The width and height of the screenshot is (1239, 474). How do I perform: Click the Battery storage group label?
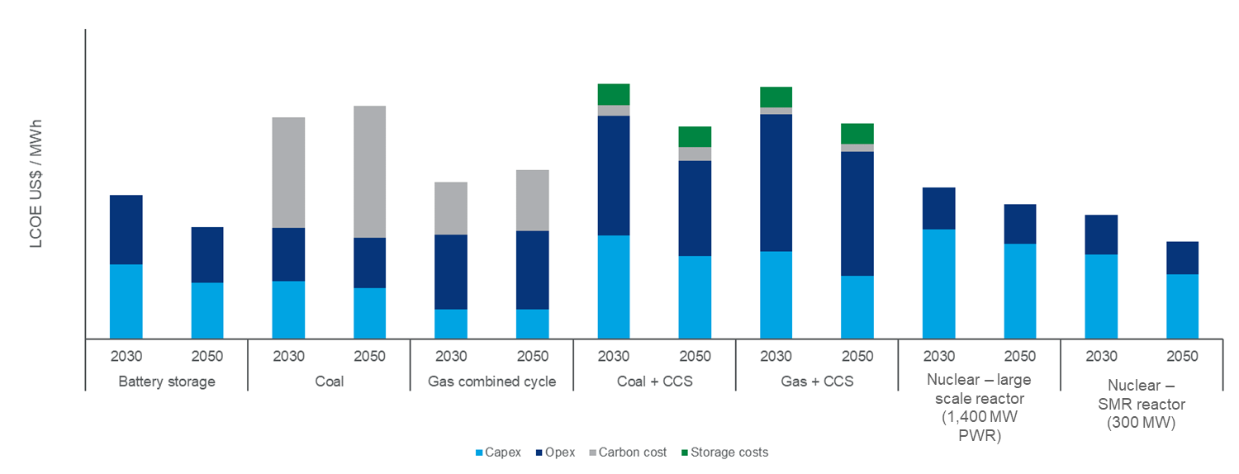(x=167, y=382)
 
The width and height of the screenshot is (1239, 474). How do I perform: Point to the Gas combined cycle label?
(x=492, y=382)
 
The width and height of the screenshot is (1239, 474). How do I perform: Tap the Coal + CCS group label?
(x=654, y=382)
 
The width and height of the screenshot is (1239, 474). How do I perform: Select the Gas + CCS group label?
(x=817, y=382)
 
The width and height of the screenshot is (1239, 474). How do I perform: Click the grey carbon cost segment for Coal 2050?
(x=369, y=172)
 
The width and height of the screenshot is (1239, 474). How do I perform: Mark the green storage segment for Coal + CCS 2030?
(x=614, y=94)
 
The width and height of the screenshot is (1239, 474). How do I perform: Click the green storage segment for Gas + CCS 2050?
(x=857, y=134)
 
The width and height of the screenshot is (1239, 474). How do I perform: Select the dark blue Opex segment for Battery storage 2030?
(x=126, y=230)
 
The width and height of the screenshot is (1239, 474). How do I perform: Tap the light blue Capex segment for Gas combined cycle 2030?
(x=451, y=324)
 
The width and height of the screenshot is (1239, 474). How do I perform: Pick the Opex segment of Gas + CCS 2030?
(x=776, y=182)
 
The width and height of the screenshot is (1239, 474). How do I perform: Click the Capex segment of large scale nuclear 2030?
(x=938, y=283)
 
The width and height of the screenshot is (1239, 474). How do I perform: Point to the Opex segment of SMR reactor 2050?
(x=1182, y=258)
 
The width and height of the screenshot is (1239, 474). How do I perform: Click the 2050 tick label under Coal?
(x=369, y=357)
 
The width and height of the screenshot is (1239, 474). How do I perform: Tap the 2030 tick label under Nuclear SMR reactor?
(x=1101, y=357)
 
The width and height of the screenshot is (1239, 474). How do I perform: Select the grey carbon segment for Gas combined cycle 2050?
(x=532, y=200)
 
